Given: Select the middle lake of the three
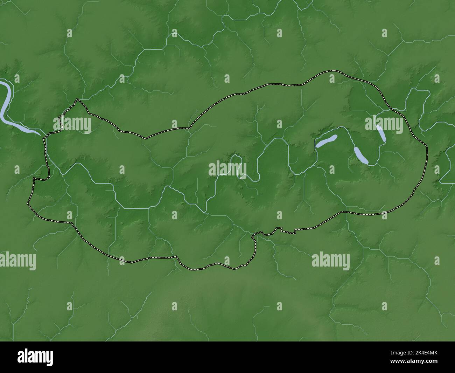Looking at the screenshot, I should coord(361,156).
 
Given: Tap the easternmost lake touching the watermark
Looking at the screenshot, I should coord(381,133).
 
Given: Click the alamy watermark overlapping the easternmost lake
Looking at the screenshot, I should coord(384,124).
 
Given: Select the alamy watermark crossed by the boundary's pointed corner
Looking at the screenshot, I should coord(72,124).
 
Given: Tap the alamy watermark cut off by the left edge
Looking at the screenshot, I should coord(17,261).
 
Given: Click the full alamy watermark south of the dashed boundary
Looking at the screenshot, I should coord(330,261).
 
